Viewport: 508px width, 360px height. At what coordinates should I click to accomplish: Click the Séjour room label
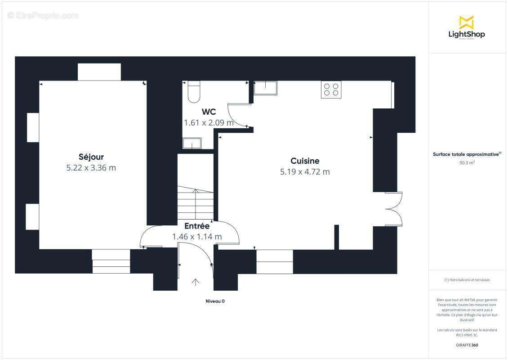point(91,157)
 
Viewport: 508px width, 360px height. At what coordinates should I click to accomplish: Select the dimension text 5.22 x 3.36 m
point(91,168)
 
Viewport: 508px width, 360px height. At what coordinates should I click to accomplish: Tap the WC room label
point(209,112)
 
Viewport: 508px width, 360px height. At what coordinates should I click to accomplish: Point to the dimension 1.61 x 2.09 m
point(209,122)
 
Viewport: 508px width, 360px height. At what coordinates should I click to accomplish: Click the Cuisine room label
point(305,161)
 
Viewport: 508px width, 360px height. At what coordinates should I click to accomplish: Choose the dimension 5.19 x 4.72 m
point(305,171)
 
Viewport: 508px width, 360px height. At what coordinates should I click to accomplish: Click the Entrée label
point(197,226)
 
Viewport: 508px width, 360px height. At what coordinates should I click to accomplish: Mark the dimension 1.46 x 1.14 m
point(197,236)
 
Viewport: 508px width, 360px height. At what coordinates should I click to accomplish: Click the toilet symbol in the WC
point(194,92)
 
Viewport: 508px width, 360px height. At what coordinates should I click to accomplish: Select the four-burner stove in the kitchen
point(331,89)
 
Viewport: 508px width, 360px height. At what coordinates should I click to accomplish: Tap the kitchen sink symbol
point(265,88)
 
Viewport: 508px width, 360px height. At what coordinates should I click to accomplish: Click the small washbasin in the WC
point(192,144)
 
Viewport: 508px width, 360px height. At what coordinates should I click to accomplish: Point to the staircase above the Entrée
point(196,202)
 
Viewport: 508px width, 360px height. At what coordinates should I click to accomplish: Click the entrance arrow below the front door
point(196,283)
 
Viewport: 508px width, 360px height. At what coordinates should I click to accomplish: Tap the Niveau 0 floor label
point(215,301)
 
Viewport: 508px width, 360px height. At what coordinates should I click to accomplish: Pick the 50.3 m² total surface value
point(467,163)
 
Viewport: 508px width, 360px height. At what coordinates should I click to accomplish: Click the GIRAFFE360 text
point(467,345)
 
